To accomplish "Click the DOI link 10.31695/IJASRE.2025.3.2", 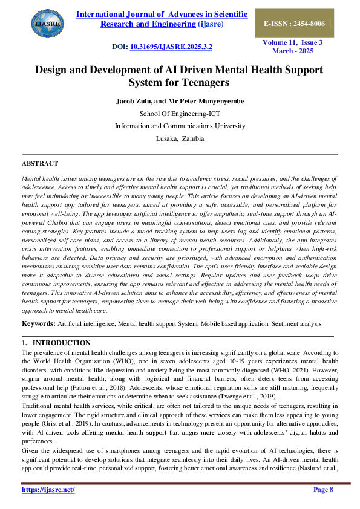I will [171, 47].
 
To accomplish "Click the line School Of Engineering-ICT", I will [180, 113].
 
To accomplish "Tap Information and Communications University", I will [180, 126].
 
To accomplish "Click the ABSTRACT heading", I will [40, 164].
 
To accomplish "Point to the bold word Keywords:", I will [39, 324].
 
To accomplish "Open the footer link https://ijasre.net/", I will [48, 490].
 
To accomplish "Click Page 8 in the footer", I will [323, 490].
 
